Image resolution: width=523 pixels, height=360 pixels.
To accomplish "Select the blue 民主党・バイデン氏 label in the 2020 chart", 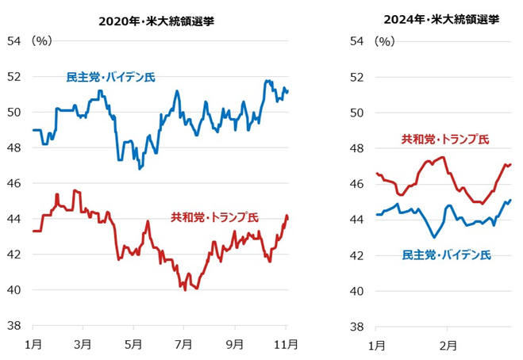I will [x=110, y=77].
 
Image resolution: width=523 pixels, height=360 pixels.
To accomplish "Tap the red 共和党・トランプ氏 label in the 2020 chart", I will [x=213, y=216].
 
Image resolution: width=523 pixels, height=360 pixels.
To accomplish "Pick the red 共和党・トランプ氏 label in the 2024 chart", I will [x=444, y=140].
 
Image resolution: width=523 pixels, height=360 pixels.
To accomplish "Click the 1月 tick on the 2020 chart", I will [x=33, y=345].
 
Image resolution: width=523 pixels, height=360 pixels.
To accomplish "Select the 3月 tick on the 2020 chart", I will [x=83, y=345].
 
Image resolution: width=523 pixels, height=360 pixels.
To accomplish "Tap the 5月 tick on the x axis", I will [x=134, y=345].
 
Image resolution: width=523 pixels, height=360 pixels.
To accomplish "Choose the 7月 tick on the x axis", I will [x=184, y=345].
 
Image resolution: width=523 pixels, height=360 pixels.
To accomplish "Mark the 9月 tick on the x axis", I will [x=235, y=345].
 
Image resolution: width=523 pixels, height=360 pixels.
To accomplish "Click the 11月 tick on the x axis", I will [x=286, y=345].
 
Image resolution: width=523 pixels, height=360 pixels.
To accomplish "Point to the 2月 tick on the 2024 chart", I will [x=447, y=345].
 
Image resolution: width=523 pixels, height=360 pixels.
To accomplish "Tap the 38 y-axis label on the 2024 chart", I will [x=356, y=326].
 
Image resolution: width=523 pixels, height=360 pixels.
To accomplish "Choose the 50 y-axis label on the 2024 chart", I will [x=356, y=113].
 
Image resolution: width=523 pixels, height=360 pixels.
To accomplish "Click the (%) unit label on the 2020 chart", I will [x=41, y=40].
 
